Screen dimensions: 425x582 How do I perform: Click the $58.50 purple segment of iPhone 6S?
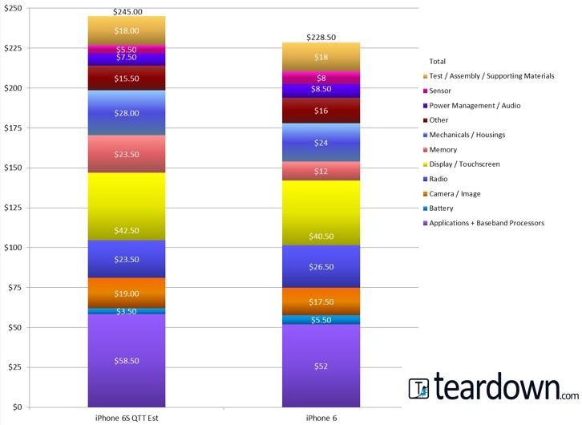[x=127, y=361]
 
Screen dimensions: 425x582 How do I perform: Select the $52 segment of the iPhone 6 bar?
[x=321, y=366]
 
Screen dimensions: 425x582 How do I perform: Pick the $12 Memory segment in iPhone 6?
[x=321, y=172]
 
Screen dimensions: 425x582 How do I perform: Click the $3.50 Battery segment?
[x=127, y=311]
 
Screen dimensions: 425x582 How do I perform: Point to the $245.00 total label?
[x=127, y=12]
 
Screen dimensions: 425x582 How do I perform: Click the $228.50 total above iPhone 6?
[x=321, y=38]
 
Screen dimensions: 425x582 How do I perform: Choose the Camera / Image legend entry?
[x=455, y=193]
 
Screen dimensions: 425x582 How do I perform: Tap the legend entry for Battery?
[x=442, y=208]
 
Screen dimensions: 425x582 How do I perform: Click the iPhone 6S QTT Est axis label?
[x=127, y=418]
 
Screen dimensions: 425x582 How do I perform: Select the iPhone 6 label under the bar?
[x=321, y=418]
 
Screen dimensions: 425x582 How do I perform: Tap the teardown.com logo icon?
[x=419, y=389]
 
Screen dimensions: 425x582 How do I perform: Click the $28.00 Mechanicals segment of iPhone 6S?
[x=127, y=113]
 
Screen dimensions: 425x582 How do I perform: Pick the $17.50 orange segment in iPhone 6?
[x=321, y=302]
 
